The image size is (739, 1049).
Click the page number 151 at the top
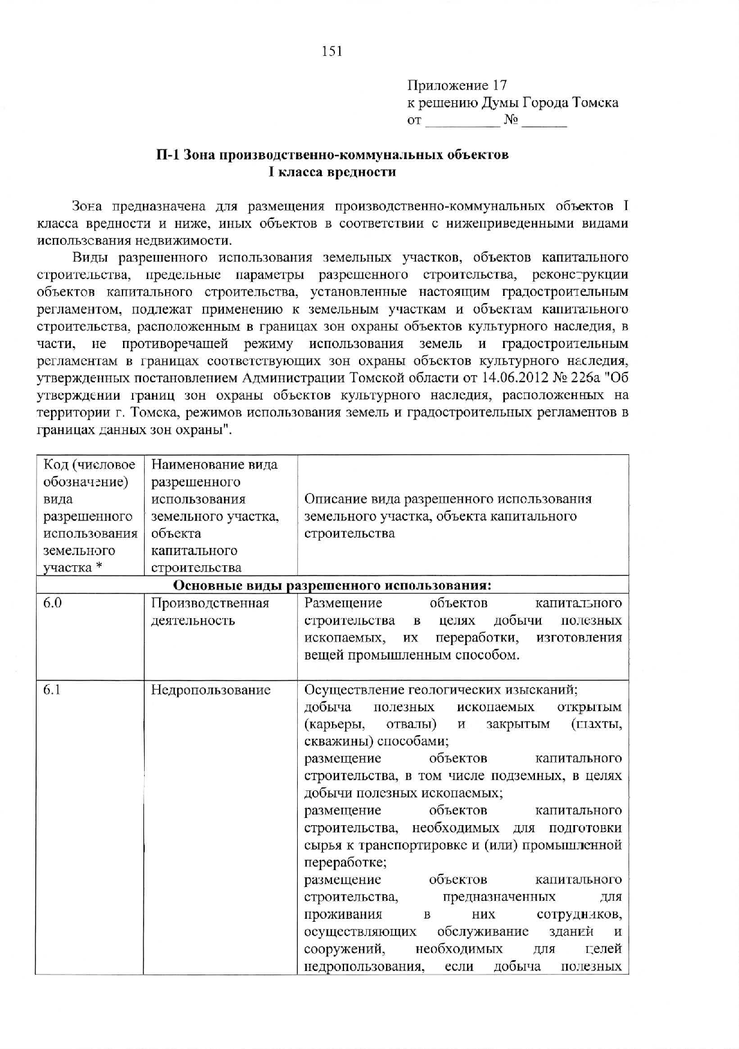(332, 52)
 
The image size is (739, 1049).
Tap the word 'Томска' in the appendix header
(596, 103)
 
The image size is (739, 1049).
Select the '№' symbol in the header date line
(511, 121)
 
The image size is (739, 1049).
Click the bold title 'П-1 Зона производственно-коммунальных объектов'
(332, 154)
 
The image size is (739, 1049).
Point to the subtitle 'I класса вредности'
(332, 172)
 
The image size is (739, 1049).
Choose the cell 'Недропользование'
(211, 690)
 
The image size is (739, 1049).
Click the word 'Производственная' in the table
(210, 603)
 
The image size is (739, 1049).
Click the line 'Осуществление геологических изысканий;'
(441, 690)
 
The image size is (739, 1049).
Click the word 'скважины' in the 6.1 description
(332, 741)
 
